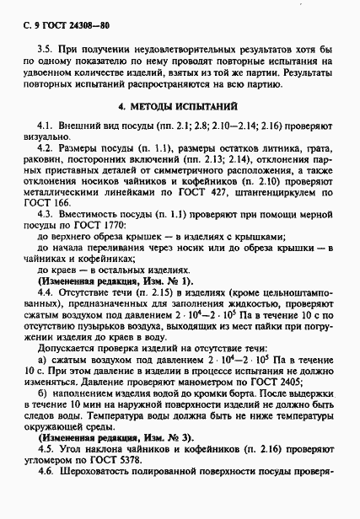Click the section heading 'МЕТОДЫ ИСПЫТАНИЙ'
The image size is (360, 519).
coord(188,108)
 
